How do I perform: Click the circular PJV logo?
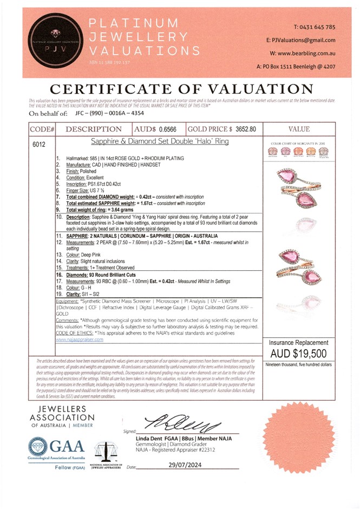(53, 40)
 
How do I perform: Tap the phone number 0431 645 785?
(314, 27)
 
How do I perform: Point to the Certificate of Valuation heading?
(179, 89)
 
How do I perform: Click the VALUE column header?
(299, 129)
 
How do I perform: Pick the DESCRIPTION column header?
(94, 129)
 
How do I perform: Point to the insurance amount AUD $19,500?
(299, 353)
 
